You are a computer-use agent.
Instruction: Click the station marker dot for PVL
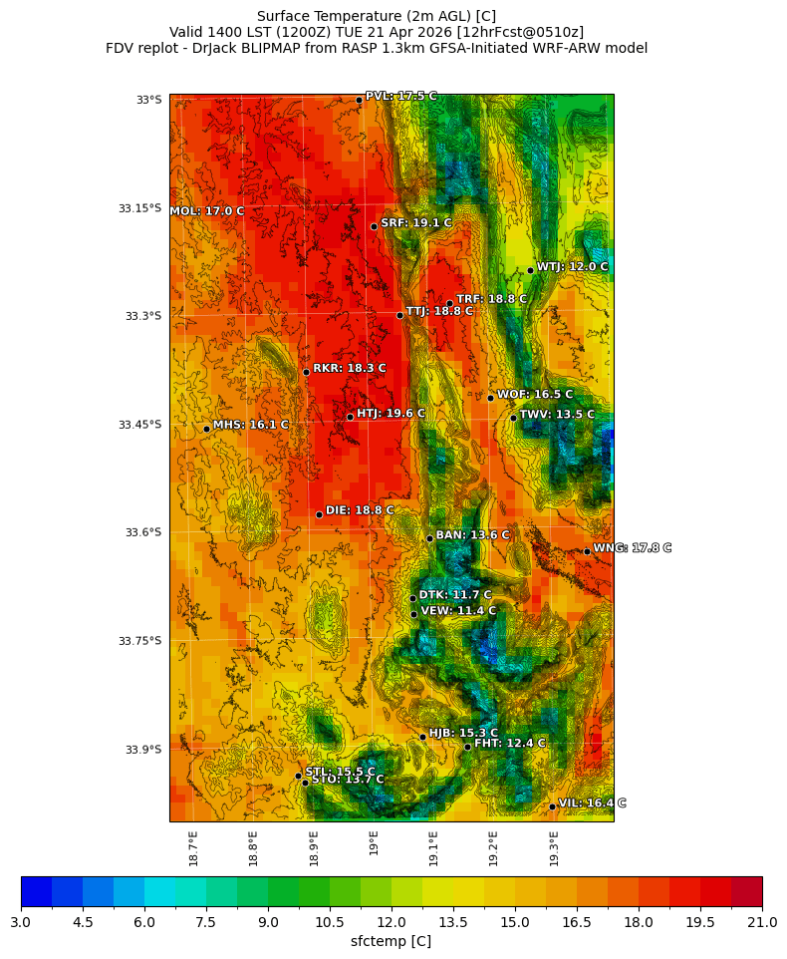click(359, 100)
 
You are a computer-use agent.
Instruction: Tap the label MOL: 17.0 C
click(207, 211)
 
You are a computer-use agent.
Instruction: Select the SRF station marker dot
click(374, 226)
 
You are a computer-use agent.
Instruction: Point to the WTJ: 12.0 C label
click(572, 267)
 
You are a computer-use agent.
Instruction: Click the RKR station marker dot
click(306, 372)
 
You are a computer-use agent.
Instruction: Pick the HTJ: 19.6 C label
click(391, 413)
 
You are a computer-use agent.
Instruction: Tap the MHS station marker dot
click(206, 429)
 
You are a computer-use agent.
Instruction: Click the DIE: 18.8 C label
click(360, 510)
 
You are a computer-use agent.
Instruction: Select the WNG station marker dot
click(587, 551)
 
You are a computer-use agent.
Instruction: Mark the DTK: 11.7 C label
click(455, 595)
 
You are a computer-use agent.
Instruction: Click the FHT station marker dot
click(467, 747)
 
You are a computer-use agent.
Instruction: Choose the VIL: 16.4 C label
click(592, 802)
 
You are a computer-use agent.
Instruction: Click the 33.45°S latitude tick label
click(139, 425)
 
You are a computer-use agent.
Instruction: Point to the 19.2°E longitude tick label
click(493, 848)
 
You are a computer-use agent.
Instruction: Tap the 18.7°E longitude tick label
click(193, 848)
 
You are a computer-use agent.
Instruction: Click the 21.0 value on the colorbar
click(762, 923)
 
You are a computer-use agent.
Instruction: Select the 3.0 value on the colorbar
click(21, 923)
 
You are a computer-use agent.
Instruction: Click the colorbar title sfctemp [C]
click(392, 941)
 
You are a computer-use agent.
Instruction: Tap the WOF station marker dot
click(490, 398)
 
